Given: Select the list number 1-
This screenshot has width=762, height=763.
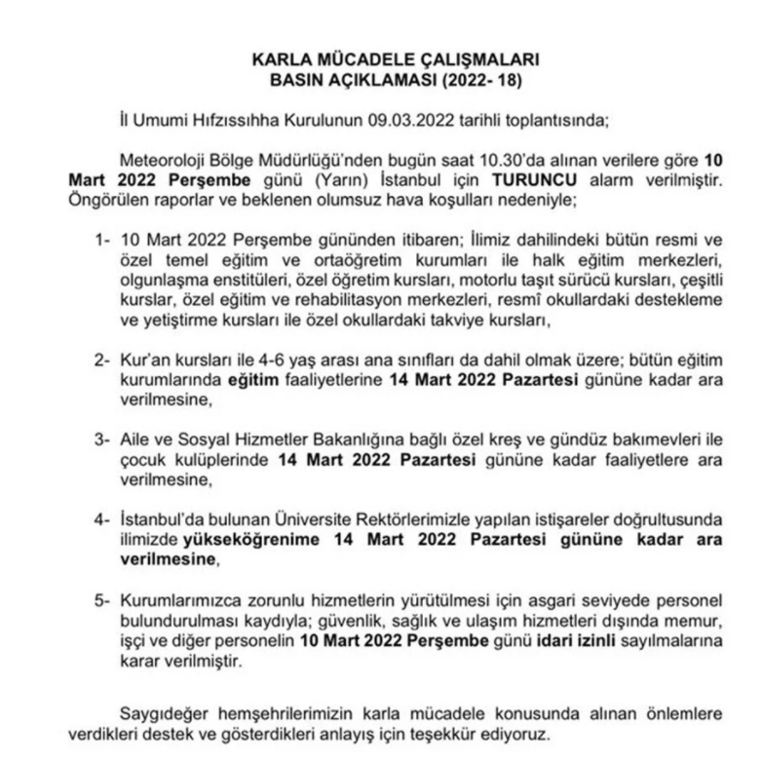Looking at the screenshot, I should point(100,242).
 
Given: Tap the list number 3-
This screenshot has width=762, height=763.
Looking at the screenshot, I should point(100,441).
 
